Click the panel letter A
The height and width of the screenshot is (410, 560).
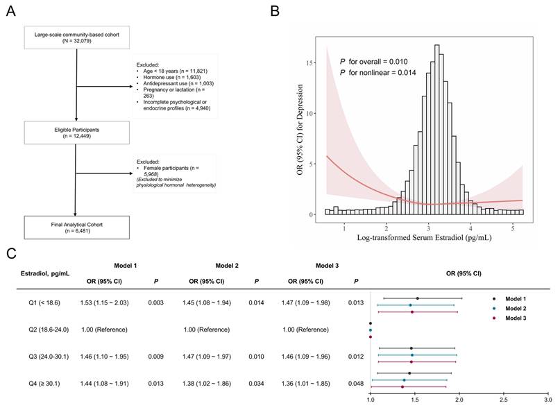(x=11, y=11)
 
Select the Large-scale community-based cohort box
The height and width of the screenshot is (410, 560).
(x=77, y=37)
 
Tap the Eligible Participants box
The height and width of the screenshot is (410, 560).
(x=77, y=133)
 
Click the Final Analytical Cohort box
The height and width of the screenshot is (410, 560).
(x=77, y=228)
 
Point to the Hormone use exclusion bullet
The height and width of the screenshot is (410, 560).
(x=172, y=77)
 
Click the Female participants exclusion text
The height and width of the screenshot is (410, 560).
(x=171, y=171)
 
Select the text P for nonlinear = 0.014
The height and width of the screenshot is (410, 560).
(x=378, y=73)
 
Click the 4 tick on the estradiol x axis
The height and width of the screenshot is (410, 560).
(x=470, y=228)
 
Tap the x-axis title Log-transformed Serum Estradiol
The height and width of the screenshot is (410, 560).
(x=424, y=237)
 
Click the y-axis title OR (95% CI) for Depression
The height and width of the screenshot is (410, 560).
(x=300, y=129)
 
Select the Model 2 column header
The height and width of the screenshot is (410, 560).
(x=227, y=266)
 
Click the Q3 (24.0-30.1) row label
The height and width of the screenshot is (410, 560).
(x=49, y=357)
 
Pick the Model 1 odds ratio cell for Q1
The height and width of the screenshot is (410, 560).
(x=104, y=303)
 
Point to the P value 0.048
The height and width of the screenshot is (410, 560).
(x=356, y=384)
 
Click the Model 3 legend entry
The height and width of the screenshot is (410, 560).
(x=509, y=318)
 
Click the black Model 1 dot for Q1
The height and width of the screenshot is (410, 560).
(x=418, y=298)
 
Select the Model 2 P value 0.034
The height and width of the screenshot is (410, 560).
(x=257, y=384)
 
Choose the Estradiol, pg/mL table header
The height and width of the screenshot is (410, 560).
(x=45, y=273)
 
